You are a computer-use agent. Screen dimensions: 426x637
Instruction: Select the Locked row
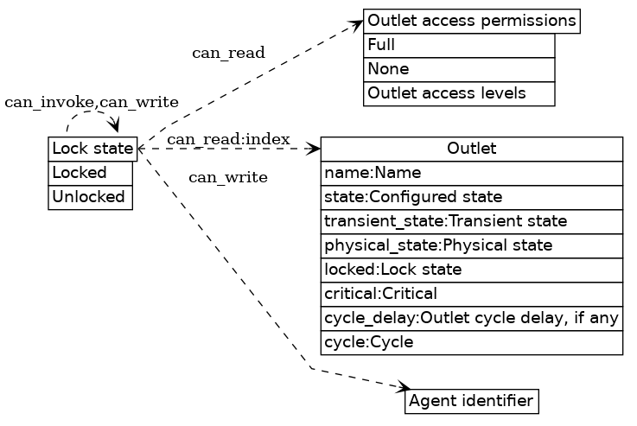click(90, 173)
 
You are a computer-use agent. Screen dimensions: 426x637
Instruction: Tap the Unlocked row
click(90, 197)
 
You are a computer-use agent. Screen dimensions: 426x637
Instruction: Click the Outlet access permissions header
click(471, 21)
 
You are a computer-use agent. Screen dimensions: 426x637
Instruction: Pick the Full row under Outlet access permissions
click(458, 45)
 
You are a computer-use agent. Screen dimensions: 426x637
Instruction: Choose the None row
click(458, 69)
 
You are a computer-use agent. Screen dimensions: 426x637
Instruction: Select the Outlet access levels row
click(458, 93)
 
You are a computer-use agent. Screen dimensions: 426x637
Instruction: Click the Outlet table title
click(471, 149)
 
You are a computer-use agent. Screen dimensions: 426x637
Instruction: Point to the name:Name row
click(471, 173)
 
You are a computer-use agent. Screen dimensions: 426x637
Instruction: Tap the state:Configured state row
click(471, 197)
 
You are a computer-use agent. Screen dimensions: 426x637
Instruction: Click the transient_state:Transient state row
click(471, 221)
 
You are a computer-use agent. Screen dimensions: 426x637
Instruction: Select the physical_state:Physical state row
click(471, 245)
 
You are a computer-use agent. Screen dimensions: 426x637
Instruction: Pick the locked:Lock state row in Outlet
click(471, 270)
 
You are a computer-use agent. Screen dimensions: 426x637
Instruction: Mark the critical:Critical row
click(471, 294)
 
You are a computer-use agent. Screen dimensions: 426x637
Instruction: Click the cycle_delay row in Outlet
click(471, 318)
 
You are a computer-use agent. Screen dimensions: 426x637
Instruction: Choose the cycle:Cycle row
click(471, 342)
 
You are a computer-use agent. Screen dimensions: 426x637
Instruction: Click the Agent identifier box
click(471, 401)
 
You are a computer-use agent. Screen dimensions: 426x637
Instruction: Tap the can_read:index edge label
click(228, 139)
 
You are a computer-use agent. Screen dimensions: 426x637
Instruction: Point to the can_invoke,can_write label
click(92, 102)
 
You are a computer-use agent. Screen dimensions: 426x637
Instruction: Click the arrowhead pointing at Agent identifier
click(404, 388)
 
